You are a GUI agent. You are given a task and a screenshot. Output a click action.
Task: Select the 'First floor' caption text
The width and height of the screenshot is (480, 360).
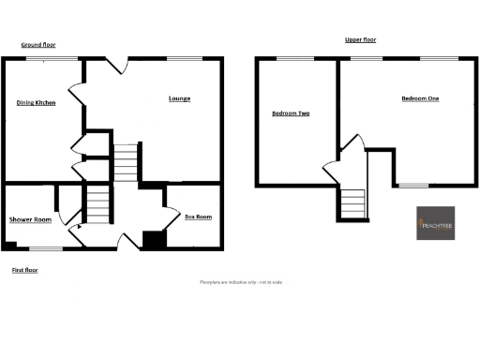click(24, 270)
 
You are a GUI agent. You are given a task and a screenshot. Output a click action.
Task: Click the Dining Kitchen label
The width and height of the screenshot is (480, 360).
click(36, 103)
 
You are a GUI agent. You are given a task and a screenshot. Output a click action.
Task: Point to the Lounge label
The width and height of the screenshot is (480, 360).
click(180, 98)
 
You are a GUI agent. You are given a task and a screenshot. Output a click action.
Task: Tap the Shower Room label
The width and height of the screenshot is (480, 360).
click(30, 219)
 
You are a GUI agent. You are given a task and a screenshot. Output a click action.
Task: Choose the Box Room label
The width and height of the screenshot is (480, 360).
click(198, 217)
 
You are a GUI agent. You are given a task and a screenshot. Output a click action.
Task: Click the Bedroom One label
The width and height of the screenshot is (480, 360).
click(420, 98)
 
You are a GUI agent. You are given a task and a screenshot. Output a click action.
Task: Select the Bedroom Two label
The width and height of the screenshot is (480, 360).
click(291, 113)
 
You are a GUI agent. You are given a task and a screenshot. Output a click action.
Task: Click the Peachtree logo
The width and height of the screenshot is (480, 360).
click(436, 223)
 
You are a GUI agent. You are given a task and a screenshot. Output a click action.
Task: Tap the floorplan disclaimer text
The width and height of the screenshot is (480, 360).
click(241, 282)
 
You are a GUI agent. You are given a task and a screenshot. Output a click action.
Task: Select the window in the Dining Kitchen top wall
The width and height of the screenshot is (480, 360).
click(39, 59)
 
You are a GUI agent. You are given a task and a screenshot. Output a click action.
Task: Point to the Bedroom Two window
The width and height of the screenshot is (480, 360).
click(289, 59)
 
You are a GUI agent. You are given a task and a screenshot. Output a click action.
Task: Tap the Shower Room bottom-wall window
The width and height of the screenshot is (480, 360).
click(46, 248)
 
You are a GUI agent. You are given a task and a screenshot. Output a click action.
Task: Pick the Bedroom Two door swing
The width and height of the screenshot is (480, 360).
click(330, 172)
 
